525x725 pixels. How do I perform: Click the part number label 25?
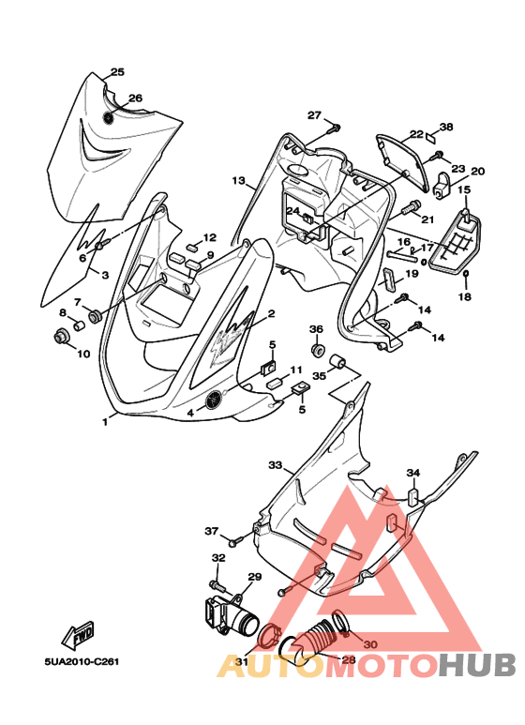(117, 71)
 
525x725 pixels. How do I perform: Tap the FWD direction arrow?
(78, 635)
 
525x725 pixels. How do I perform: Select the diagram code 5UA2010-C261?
(82, 661)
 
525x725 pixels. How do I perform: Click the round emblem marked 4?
(214, 400)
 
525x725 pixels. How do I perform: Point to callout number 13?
(238, 180)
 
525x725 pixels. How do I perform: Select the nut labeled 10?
(60, 336)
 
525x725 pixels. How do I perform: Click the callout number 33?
(275, 464)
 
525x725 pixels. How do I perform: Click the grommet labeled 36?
(317, 350)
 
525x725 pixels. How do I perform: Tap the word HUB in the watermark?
(477, 665)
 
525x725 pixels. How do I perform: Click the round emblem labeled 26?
(109, 117)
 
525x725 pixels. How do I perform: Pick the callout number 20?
(477, 171)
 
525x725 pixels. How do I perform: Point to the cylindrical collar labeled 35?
(337, 361)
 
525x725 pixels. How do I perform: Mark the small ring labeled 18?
(466, 275)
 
